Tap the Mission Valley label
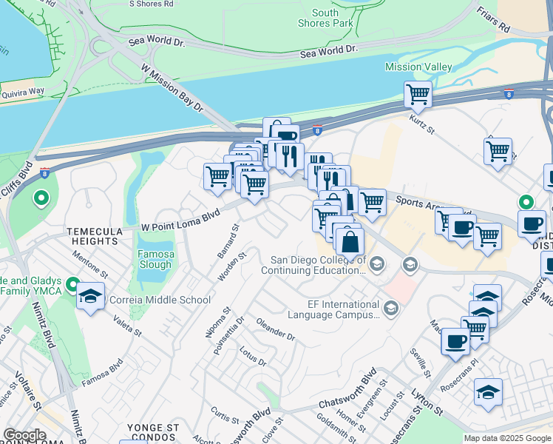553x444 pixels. pyautogui.click(x=418, y=67)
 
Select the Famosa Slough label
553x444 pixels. pyautogui.click(x=155, y=260)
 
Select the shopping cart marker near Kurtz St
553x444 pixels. pyautogui.click(x=418, y=95)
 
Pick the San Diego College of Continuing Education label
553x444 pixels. pyautogui.click(x=318, y=265)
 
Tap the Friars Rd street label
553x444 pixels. pyautogui.click(x=494, y=18)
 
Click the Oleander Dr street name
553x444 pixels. pyautogui.click(x=275, y=329)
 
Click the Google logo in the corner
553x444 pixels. pyautogui.click(x=24, y=435)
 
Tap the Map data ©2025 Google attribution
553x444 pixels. pyautogui.click(x=507, y=438)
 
